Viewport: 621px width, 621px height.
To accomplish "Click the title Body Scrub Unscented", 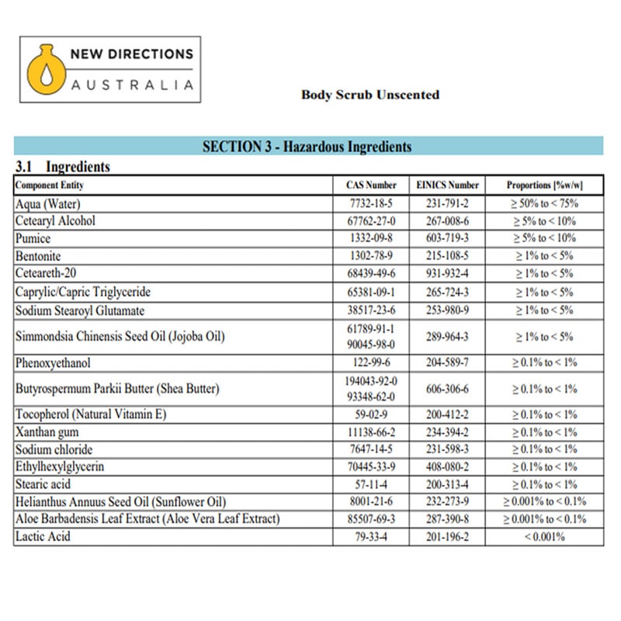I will point(370,95).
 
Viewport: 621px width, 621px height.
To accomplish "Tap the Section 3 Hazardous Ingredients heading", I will point(307,147).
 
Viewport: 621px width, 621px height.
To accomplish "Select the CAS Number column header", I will point(371,186).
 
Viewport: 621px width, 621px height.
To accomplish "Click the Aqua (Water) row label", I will point(48,203).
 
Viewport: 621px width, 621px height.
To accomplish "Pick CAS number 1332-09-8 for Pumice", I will point(371,238).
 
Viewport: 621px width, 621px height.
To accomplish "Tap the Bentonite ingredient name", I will point(38,256).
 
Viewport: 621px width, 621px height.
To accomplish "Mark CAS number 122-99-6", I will point(371,363).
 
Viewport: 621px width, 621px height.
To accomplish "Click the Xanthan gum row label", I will point(47,432).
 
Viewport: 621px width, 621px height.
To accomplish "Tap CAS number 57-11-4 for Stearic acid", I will point(371,484).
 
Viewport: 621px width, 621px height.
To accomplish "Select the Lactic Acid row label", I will point(43,536).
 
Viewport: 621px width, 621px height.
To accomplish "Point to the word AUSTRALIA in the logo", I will point(132,85).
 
